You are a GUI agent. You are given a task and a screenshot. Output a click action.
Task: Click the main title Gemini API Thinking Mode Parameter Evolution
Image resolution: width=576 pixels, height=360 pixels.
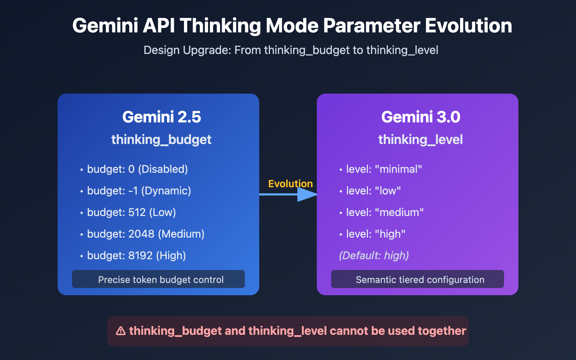292,26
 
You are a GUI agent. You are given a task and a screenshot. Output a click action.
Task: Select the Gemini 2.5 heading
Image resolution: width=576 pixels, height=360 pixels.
162,117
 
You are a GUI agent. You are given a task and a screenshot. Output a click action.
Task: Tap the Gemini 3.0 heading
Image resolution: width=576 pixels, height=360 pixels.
420,117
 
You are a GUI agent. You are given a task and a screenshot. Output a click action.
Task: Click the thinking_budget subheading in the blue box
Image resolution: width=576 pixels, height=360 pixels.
161,140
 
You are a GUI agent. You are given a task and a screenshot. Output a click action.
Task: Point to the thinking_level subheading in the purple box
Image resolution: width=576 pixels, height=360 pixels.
420,140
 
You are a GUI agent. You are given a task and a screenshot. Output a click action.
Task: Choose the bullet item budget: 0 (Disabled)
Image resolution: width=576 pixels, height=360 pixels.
137,169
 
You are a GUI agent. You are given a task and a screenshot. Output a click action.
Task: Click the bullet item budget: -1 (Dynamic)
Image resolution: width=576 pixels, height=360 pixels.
139,191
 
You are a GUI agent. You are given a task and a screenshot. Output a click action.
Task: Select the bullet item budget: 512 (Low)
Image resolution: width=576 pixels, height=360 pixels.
131,212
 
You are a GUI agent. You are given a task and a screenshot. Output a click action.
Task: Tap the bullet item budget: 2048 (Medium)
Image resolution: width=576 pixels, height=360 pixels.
145,234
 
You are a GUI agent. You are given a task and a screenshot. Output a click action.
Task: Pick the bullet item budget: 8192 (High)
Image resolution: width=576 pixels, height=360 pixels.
136,256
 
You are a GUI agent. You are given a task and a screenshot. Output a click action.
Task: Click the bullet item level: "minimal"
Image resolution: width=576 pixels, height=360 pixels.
384,169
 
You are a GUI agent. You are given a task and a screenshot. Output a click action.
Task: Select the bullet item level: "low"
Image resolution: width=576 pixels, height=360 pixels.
373,191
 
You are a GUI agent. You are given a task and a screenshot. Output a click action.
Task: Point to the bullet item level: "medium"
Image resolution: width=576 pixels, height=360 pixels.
385,212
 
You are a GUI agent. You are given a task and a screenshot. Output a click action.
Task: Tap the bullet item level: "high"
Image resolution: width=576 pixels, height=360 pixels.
375,234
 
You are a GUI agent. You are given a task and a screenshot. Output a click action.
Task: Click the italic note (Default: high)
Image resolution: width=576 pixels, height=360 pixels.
374,256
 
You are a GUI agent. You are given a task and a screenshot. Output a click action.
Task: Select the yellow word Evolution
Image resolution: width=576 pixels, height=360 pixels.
291,184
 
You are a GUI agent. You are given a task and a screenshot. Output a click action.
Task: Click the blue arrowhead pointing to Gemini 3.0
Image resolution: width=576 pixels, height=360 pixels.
307,194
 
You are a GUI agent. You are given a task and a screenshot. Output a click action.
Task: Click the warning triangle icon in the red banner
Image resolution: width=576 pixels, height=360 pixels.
121,331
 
